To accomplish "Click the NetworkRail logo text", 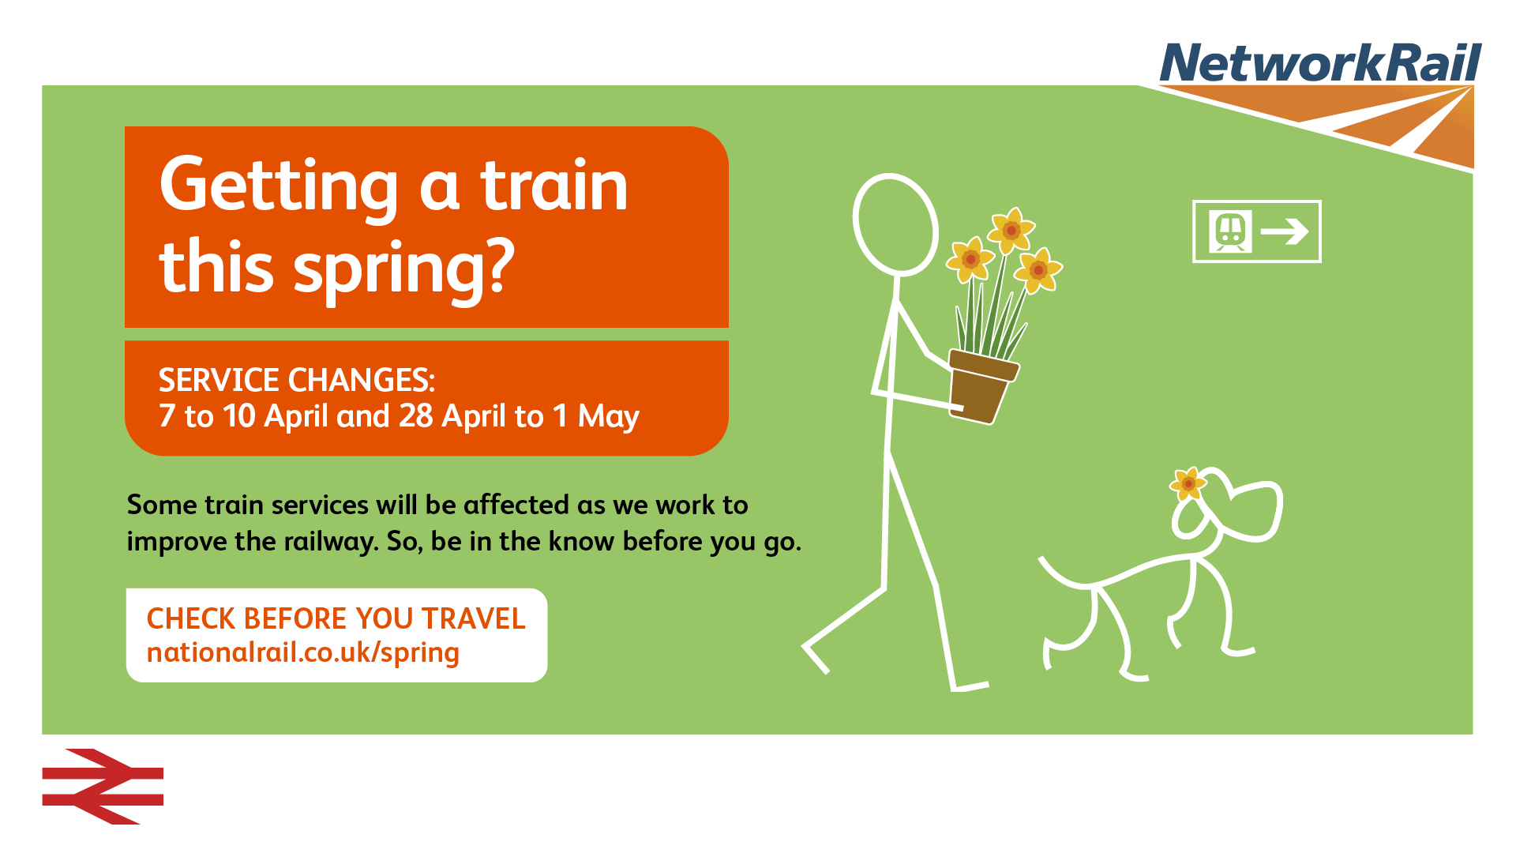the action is pos(1320,62).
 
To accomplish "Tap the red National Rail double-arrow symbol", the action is pos(103,787).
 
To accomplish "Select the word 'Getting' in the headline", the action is pos(279,186).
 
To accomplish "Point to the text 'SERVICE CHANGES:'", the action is pos(297,381).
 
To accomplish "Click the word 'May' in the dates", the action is pos(609,417).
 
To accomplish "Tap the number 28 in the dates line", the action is pos(416,415).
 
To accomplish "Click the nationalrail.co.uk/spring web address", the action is pos(303,653).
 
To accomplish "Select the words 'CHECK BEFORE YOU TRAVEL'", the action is pos(336,618).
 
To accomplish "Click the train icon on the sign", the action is pos(1230,231).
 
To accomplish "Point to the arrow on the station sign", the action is pos(1285,231).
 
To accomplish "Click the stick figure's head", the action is pos(895,224).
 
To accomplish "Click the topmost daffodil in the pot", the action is pos(1011,230).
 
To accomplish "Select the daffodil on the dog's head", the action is pos(1188,483).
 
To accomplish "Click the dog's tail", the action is pos(1065,575).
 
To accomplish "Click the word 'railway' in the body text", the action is pos(331,543).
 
